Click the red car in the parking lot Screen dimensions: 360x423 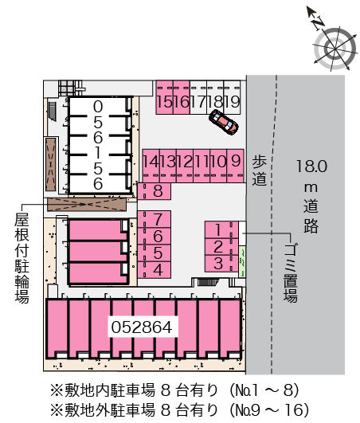pyautogui.click(x=224, y=121)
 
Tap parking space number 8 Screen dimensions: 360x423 pyautogui.click(x=154, y=191)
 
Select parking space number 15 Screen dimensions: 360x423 pyautogui.click(x=165, y=97)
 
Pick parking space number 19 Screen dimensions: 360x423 pyautogui.click(x=233, y=97)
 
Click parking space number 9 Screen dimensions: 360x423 pyautogui.click(x=236, y=166)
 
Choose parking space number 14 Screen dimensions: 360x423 pyautogui.click(x=151, y=166)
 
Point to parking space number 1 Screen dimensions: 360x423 pyautogui.click(x=221, y=230)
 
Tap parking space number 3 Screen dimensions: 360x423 pyautogui.click(x=221, y=264)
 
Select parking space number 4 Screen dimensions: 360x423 pyautogui.click(x=154, y=270)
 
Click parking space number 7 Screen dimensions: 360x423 pyautogui.click(x=154, y=219)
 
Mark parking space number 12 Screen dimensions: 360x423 pyautogui.click(x=185, y=166)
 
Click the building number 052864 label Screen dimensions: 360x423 pyautogui.click(x=142, y=327)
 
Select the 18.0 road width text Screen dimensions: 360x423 pyautogui.click(x=311, y=166)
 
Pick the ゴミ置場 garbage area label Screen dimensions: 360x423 pyautogui.click(x=291, y=273)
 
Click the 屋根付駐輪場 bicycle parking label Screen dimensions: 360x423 pyautogui.click(x=22, y=258)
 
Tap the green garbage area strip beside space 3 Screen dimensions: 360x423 pyautogui.click(x=242, y=261)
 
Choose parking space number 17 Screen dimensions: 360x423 pyautogui.click(x=198, y=97)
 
